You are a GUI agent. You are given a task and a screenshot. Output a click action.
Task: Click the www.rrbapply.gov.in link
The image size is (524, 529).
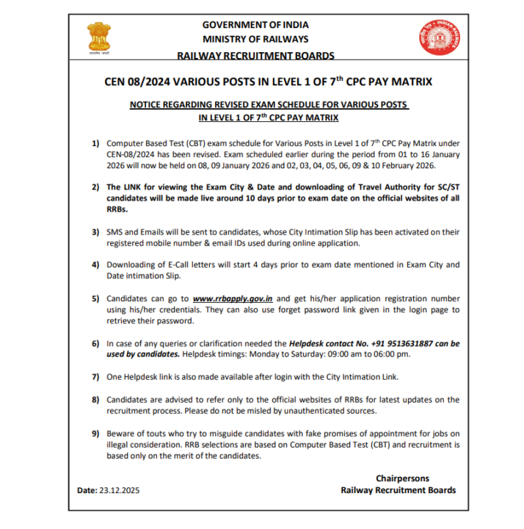point(233,300)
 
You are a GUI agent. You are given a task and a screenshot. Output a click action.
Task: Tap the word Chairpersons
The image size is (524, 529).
point(402,478)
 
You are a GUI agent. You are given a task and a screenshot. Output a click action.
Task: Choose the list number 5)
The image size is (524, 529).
point(95,300)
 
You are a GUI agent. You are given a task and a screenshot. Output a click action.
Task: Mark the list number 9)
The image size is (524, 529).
point(95,433)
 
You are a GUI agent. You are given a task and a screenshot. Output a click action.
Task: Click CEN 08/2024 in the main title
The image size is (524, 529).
point(138,81)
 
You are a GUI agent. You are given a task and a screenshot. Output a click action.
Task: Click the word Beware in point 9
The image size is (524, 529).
point(122,433)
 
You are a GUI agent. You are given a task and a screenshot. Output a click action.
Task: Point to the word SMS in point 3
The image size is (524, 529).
point(116,232)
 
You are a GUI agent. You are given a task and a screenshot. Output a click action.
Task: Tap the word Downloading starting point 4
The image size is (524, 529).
point(133,264)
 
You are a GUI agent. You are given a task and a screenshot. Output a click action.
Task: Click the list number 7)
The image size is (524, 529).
point(95,377)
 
